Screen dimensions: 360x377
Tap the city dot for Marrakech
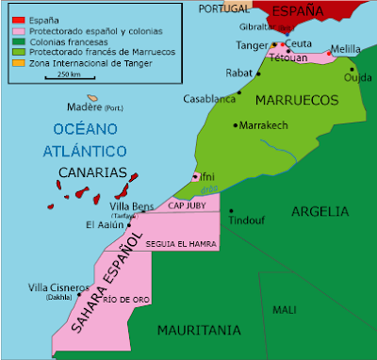click(236, 124)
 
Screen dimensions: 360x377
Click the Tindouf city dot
click(231, 211)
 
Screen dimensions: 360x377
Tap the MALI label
click(284, 309)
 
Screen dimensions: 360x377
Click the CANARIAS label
click(92, 173)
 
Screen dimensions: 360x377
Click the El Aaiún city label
click(104, 225)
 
